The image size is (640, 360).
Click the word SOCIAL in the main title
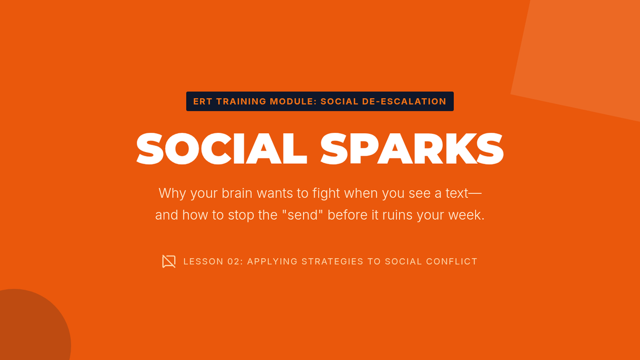pos(221,149)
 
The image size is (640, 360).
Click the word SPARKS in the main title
pos(412,149)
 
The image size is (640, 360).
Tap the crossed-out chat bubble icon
pos(169,261)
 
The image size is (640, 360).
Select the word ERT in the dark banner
pos(202,101)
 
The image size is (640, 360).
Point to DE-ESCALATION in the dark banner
pos(404,101)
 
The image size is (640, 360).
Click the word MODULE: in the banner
pos(293,101)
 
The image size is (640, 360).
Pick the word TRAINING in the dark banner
pos(241,101)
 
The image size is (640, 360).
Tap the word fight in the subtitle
pos(326,194)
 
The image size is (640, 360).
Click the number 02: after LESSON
pos(235,261)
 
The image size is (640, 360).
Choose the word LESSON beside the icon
pos(203,261)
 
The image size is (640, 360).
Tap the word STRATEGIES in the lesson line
pos(333,261)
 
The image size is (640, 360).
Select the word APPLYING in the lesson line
pos(273,261)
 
